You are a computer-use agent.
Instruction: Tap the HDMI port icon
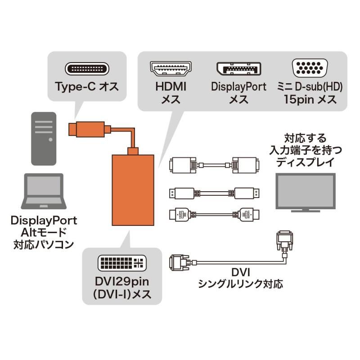pos(171,70)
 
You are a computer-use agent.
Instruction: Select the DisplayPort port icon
pos(238,70)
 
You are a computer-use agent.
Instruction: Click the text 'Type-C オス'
pos(87,86)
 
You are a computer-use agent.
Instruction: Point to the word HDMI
pos(171,87)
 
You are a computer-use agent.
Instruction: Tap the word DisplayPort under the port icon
pos(238,87)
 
